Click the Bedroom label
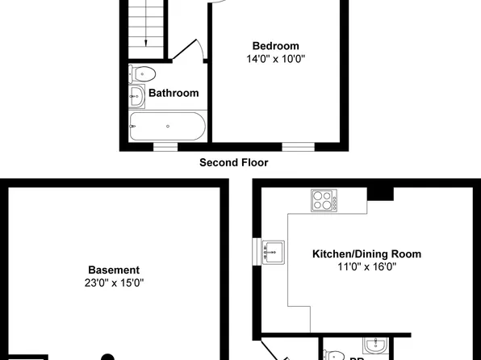tap(275, 46)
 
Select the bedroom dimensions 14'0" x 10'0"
tap(275, 59)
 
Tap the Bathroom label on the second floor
tap(174, 93)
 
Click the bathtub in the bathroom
tap(167, 126)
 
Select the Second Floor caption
tap(234, 162)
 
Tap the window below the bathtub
tap(165, 147)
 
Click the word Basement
tap(114, 270)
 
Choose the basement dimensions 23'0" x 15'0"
tap(114, 283)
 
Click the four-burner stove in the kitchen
tap(324, 200)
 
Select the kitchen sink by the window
tap(272, 253)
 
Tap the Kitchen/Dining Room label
tap(366, 253)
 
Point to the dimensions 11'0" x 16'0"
tap(366, 266)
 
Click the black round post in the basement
tap(107, 357)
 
